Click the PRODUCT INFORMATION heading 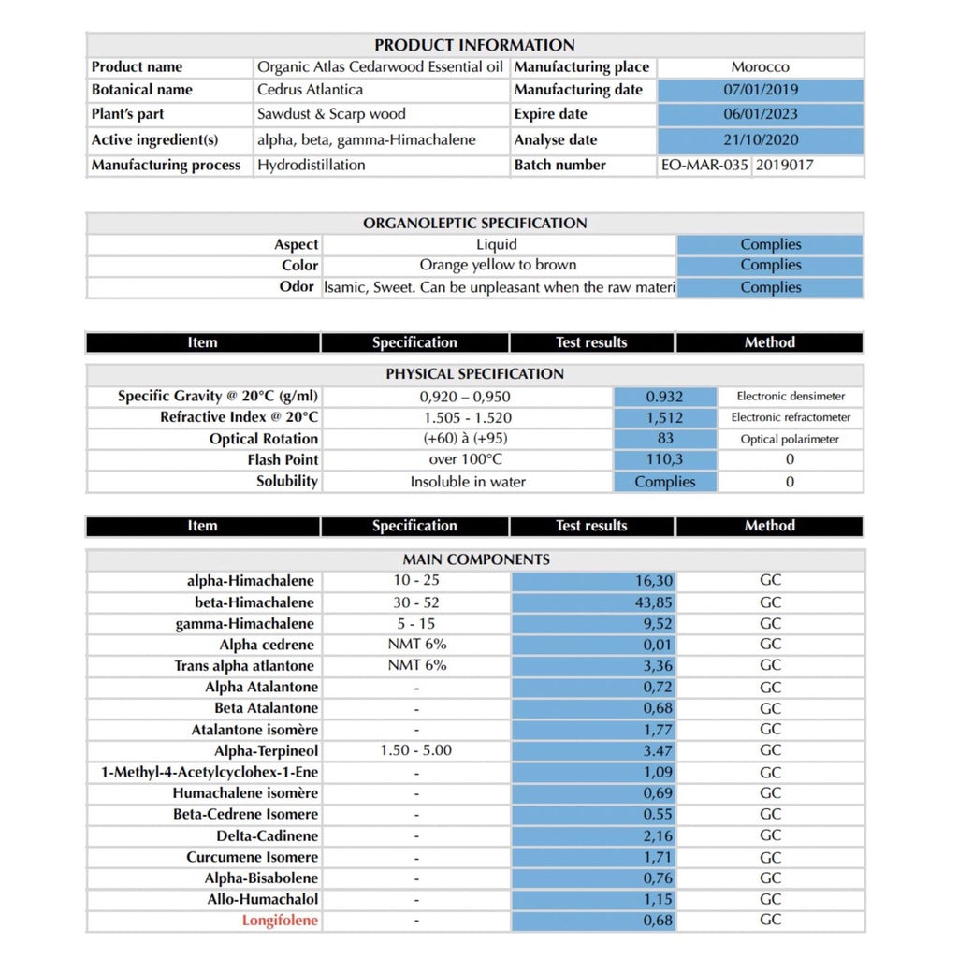[474, 45]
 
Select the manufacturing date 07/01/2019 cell [761, 91]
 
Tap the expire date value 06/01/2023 [761, 114]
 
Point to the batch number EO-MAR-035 [704, 166]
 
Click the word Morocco [760, 67]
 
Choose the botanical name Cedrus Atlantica [310, 91]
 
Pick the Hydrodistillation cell [312, 166]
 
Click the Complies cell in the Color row [770, 265]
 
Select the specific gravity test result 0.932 [664, 397]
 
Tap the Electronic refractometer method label [791, 418]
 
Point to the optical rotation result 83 [665, 439]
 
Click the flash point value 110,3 [665, 460]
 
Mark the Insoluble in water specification [468, 483]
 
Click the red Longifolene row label [280, 921]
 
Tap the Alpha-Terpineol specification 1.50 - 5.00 [415, 750]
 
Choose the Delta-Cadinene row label [267, 835]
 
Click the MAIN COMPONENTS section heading [475, 559]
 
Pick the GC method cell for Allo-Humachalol [770, 899]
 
